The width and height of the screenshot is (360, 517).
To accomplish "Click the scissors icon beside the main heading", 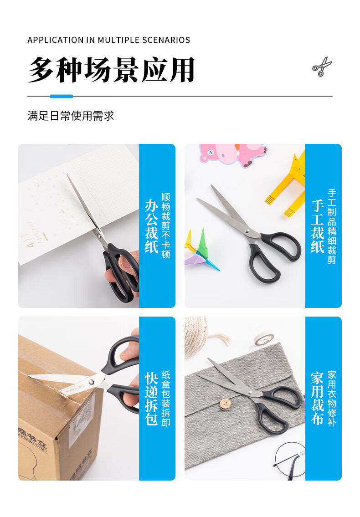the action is (322, 67).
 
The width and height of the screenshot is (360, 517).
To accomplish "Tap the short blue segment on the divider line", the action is (62, 96).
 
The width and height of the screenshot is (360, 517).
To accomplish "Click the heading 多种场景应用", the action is (111, 70).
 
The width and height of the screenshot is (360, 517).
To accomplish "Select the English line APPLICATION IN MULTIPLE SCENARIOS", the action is (109, 40).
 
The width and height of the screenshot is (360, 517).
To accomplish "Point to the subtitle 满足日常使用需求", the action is (71, 116).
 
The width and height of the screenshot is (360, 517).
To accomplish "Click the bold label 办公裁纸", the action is (151, 226).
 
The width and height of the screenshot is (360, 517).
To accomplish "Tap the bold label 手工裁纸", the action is (318, 226).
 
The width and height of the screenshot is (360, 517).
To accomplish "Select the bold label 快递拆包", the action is (151, 398).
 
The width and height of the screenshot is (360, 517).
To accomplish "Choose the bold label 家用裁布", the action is (318, 398).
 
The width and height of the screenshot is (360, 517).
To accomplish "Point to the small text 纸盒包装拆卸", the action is (166, 398).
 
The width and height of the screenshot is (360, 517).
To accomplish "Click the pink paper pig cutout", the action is (232, 154).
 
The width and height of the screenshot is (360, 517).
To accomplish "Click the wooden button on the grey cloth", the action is (226, 404).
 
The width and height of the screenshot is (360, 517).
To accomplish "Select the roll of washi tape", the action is (264, 339).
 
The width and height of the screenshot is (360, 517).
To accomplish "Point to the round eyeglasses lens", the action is (290, 460).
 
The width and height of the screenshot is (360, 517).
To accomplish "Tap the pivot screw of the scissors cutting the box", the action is (92, 382).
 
